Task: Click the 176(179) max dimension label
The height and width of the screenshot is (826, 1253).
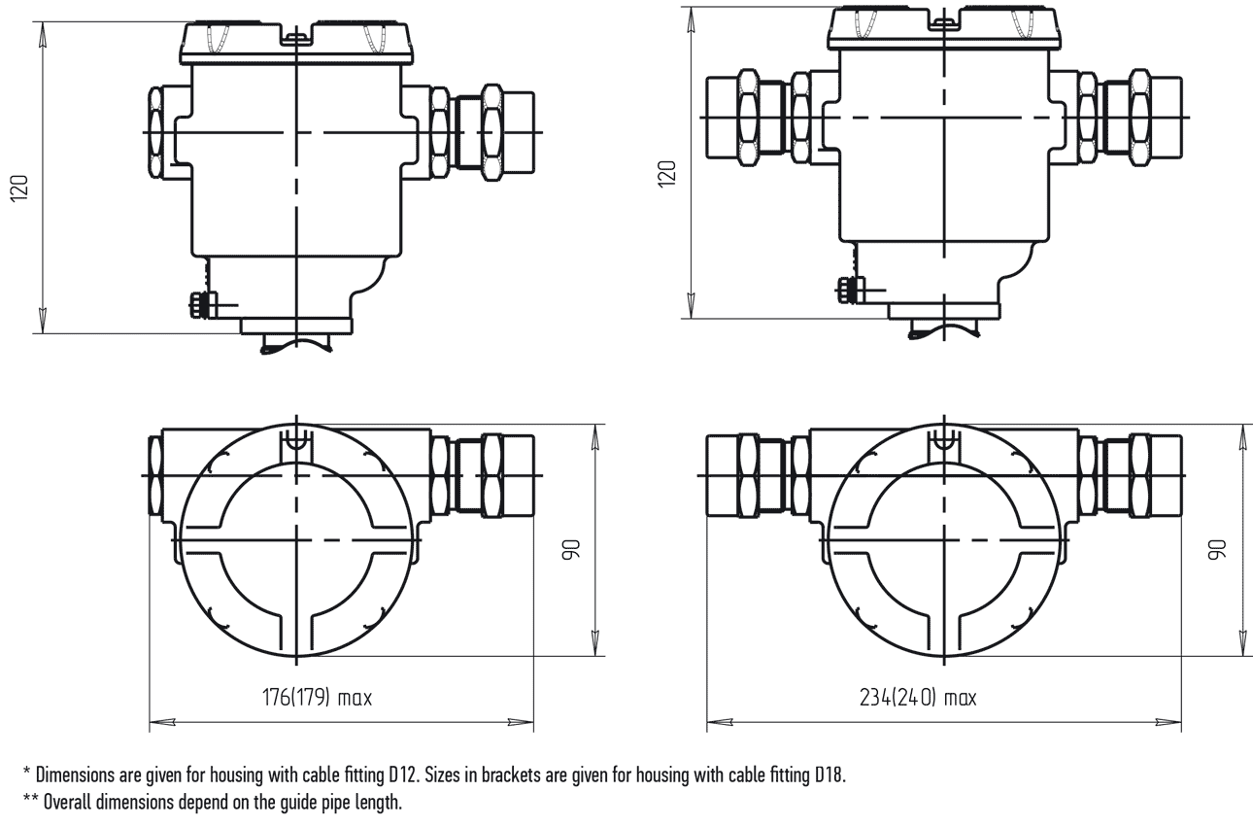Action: [x=318, y=698]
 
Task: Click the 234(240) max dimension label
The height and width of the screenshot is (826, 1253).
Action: [x=918, y=698]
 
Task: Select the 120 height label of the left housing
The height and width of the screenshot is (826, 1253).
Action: [x=19, y=189]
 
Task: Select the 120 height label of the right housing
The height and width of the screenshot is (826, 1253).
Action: [x=667, y=174]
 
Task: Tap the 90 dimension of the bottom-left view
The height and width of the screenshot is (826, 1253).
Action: [x=572, y=550]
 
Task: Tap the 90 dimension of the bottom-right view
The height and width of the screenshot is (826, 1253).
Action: [x=1217, y=550]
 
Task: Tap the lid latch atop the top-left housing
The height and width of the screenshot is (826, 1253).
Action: [x=296, y=38]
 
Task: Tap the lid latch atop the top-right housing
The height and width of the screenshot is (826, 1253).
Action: [x=944, y=23]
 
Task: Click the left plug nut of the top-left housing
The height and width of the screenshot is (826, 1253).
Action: [x=155, y=132]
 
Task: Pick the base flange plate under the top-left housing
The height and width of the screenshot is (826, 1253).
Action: [x=296, y=327]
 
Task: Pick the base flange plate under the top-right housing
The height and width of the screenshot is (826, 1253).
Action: [x=944, y=312]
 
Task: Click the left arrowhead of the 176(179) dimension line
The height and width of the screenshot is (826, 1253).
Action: [x=162, y=722]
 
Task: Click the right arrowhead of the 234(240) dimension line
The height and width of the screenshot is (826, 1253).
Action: [x=1168, y=722]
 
